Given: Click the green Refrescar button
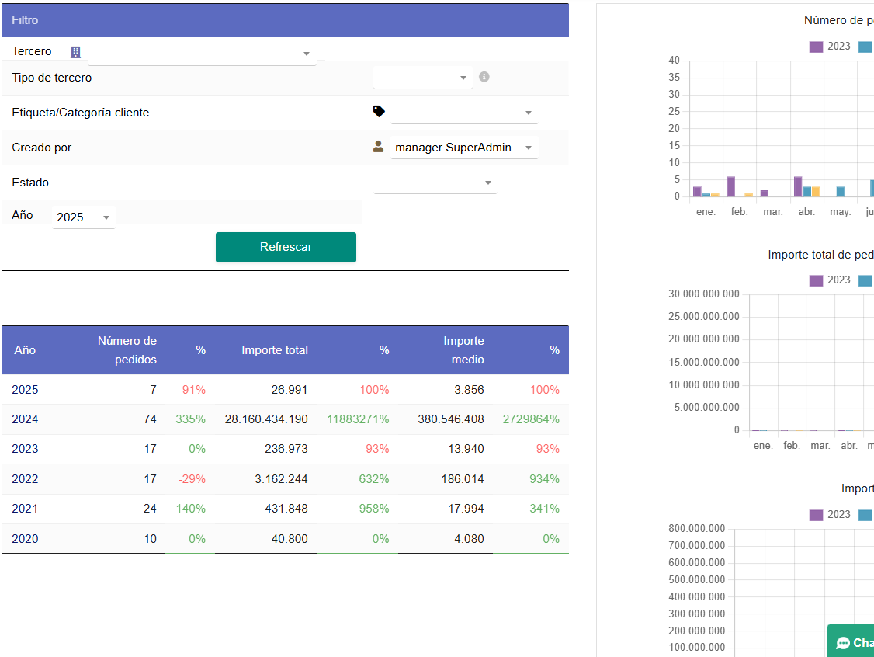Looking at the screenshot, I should tap(286, 247).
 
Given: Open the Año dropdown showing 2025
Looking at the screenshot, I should tap(83, 217).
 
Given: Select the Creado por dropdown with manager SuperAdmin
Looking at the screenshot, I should tap(463, 148).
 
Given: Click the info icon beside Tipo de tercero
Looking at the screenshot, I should tap(484, 77).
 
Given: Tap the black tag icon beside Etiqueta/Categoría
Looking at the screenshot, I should tap(379, 112).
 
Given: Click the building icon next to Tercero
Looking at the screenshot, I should tap(75, 52).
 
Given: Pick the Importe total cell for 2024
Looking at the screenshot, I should tap(266, 419).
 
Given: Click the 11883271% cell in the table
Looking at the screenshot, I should tap(358, 419).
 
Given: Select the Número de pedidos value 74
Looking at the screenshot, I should tap(150, 419).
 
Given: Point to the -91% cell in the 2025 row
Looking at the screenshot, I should tap(192, 390).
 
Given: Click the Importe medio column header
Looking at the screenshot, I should tap(463, 350).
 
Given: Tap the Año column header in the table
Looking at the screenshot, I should tap(25, 350).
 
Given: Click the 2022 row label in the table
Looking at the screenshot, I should tap(25, 479).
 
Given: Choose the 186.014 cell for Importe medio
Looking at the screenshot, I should tap(461, 479).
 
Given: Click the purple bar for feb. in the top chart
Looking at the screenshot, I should tap(730, 186).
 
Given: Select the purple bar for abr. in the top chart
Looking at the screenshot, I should tap(798, 186).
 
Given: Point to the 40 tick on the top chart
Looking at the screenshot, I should tap(674, 61).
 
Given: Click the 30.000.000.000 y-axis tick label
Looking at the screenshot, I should tap(703, 294).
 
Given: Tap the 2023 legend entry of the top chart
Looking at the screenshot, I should tap(830, 47).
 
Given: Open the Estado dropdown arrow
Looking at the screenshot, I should tap(488, 183).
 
